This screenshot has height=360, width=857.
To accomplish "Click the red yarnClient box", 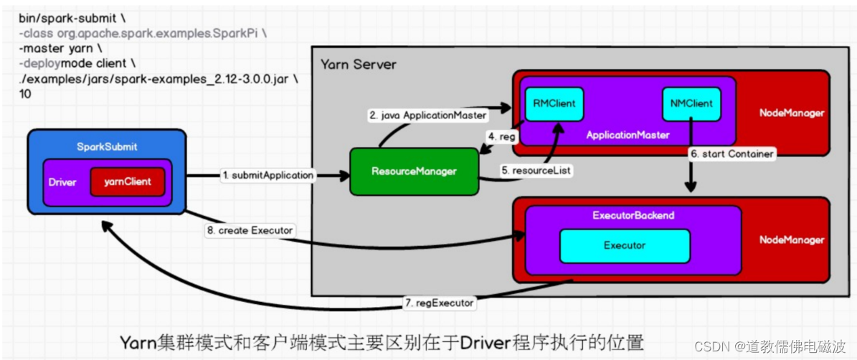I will tap(127, 182).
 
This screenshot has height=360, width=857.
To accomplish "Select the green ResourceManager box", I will tap(414, 171).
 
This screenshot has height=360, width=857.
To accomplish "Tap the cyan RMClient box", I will tap(554, 104).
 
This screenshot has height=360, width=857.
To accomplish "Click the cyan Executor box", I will tap(624, 245).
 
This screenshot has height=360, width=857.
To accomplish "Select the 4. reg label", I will tap(503, 136).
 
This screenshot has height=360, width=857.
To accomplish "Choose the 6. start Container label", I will tap(731, 153).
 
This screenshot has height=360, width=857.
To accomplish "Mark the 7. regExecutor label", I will tap(439, 303).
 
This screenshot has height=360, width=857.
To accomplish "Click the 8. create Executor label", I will tap(250, 230).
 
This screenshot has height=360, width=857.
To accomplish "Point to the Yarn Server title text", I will tap(358, 65).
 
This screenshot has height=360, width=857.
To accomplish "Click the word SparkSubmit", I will tap(107, 147).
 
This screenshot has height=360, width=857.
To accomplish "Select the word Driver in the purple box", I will tap(62, 182).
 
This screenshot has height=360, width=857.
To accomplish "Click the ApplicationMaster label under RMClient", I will tap(628, 135).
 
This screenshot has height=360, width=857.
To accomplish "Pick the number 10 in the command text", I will tap(25, 94).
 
